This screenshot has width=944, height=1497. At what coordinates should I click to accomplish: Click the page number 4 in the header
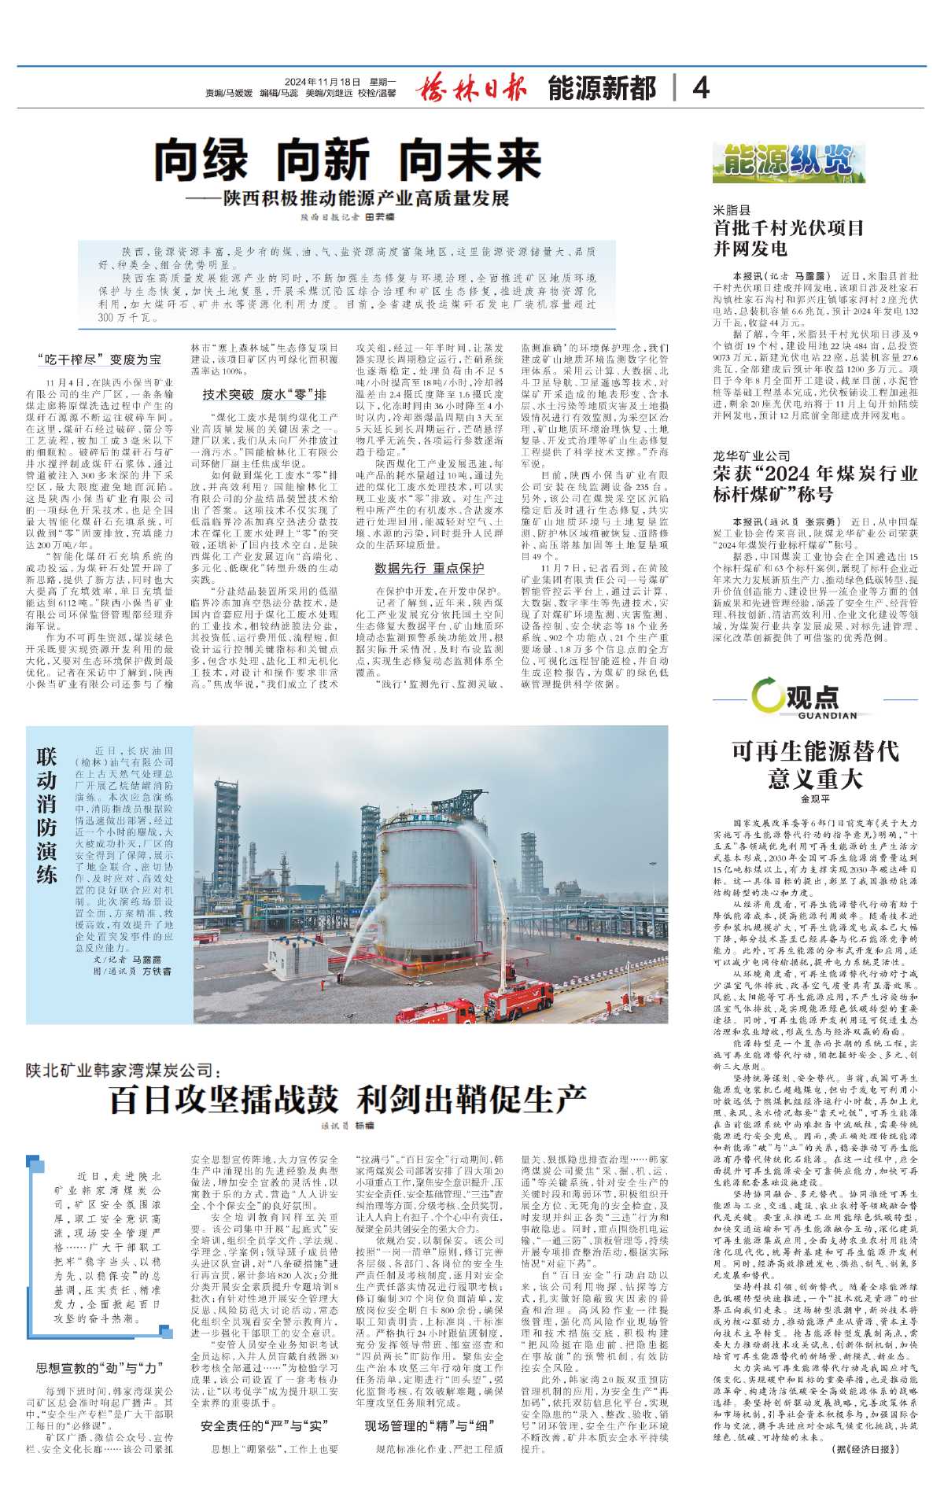click(x=701, y=87)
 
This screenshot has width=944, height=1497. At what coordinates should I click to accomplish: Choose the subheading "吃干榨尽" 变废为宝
click(x=99, y=360)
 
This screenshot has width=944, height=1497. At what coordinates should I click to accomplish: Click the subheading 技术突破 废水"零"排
click(x=264, y=394)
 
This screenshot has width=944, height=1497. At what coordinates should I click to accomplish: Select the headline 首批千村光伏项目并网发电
click(x=788, y=238)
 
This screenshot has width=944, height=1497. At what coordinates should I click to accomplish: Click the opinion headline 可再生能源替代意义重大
click(x=815, y=765)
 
